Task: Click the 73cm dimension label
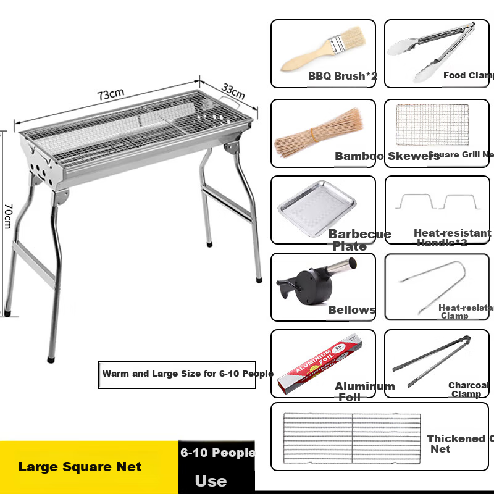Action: coord(111,94)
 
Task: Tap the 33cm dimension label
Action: coord(233,91)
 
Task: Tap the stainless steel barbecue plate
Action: coord(316,209)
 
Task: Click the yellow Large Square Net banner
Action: coord(80,467)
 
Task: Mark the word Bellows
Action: coord(351,310)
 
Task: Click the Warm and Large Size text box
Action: coord(177,374)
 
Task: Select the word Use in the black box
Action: coord(211,481)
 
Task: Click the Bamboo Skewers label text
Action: coord(387,156)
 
